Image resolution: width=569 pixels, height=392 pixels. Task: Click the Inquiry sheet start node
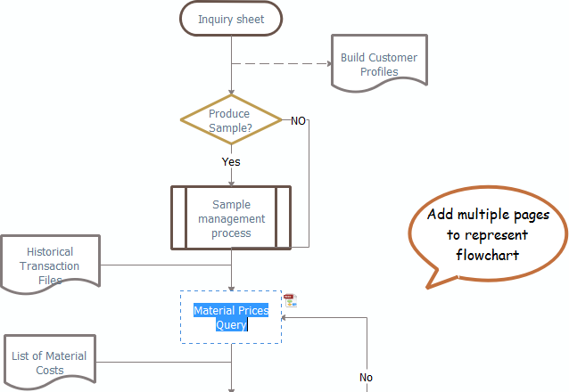(231, 19)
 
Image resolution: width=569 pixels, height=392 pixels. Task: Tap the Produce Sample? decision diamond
(230, 120)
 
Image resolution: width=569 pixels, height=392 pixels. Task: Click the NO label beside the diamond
(299, 120)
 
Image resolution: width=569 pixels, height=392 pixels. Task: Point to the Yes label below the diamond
(231, 162)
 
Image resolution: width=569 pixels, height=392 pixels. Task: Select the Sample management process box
(231, 218)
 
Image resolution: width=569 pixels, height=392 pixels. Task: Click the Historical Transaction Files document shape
(50, 265)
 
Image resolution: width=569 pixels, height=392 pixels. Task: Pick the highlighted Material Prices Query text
(231, 317)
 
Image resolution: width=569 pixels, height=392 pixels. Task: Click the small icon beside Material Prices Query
(291, 301)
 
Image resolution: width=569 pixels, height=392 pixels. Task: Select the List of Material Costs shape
(49, 363)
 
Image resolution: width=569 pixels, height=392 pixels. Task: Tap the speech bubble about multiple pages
(488, 236)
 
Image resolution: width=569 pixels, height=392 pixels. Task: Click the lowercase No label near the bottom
(366, 378)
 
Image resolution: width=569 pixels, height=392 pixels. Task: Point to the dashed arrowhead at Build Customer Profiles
(326, 64)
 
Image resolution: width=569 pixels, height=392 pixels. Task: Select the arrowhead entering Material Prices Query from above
(231, 287)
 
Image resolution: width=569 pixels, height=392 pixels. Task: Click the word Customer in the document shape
(393, 58)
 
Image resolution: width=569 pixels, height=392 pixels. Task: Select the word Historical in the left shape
(50, 252)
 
